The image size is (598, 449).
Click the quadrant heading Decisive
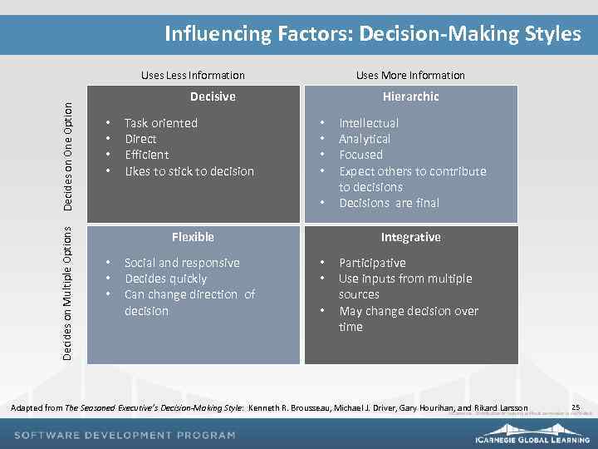213,96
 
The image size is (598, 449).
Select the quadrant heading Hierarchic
410,96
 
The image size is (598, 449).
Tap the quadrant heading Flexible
193,237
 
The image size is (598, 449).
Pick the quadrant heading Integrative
410,237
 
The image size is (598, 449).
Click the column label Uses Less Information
193,75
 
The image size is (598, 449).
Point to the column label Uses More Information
410,75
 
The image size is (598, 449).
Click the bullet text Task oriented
161,123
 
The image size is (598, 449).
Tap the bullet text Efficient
146,155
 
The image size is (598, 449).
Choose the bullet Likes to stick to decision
189,171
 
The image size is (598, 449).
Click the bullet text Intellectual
369,123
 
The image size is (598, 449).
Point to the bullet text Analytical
365,139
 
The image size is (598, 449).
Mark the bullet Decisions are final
389,203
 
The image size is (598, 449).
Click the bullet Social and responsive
182,263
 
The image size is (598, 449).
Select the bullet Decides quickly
165,279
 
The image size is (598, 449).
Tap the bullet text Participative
372,263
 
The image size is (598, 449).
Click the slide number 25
576,407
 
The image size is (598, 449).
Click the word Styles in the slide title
552,33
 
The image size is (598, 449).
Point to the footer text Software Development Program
125,435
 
